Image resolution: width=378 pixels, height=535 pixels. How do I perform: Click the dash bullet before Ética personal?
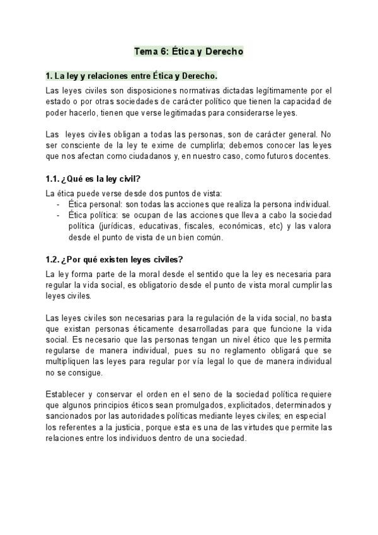click(x=58, y=204)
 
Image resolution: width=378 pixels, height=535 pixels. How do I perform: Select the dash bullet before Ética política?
click(x=58, y=215)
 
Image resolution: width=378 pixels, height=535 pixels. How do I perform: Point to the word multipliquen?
click(x=73, y=362)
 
